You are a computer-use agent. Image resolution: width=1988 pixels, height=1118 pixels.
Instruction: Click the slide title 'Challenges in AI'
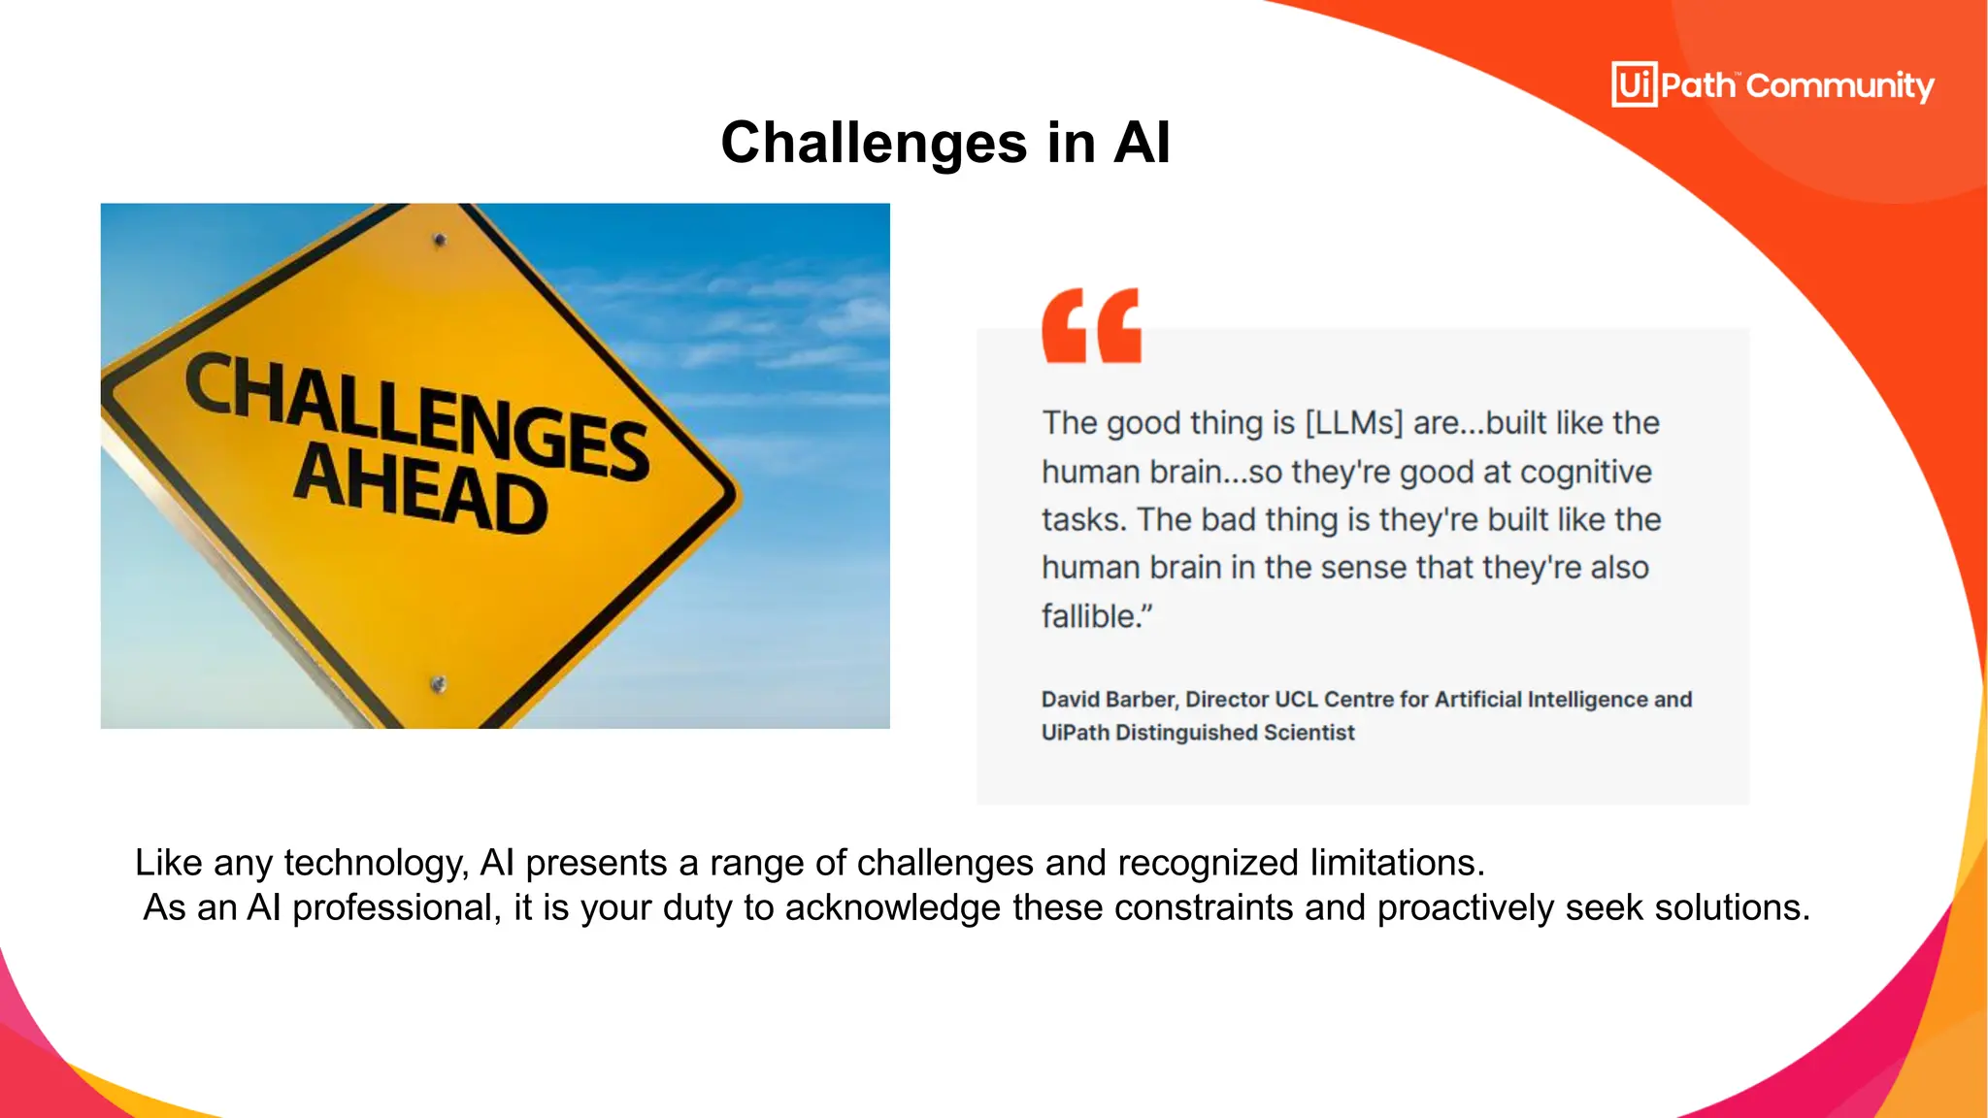point(945,143)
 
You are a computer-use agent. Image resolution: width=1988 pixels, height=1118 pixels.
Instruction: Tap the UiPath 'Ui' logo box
point(1634,84)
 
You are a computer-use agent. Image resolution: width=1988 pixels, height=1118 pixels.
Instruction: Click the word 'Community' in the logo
point(1839,86)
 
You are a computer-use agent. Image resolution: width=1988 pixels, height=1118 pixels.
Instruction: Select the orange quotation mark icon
point(1091,326)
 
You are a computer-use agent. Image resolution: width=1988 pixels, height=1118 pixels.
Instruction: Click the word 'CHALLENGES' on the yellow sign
point(417,415)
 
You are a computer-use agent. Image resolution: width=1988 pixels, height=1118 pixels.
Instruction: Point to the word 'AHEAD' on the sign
point(420,489)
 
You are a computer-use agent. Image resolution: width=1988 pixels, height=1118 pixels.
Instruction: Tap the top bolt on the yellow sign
point(440,240)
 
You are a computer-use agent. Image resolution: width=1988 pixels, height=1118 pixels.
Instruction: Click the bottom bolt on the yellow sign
point(438,684)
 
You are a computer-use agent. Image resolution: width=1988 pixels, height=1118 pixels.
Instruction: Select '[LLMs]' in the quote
point(1354,423)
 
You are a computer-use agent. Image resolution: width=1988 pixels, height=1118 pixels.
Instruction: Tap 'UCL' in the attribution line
point(1296,700)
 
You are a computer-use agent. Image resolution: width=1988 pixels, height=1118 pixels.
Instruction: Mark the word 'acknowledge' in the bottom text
point(892,907)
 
